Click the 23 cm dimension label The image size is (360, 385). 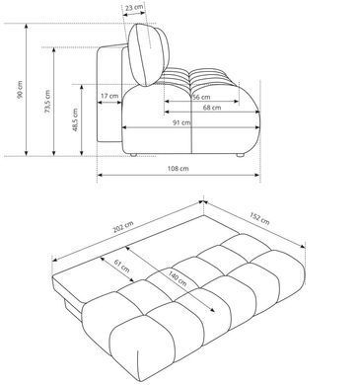tap(134, 7)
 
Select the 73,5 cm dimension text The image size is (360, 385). tap(47, 102)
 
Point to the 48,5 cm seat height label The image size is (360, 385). tap(75, 119)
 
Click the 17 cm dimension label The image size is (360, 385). tap(109, 96)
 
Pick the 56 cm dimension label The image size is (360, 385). tap(201, 97)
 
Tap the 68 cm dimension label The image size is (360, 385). tap(212, 108)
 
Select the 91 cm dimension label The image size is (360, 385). tap(181, 122)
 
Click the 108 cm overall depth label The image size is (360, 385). tap(179, 169)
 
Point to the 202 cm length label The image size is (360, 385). tap(123, 227)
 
